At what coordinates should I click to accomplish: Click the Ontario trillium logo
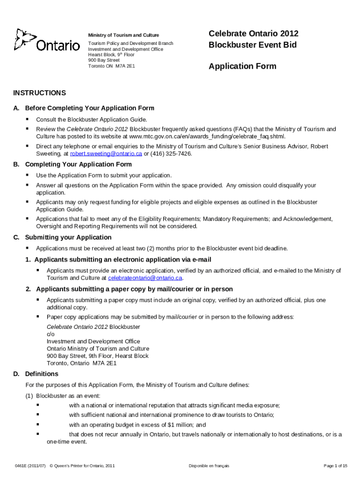pos(47,41)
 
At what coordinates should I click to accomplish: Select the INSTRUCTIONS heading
pos(39,93)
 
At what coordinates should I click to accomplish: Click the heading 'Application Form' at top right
pos(242,66)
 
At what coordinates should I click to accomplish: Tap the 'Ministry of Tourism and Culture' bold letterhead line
pos(123,35)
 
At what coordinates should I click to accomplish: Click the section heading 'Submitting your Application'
pos(68,237)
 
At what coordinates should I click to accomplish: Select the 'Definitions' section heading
pos(42,374)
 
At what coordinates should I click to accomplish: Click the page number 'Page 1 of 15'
pos(335,466)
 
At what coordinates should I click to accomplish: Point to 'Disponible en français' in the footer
pos(209,466)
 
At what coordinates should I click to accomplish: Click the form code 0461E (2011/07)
pos(30,466)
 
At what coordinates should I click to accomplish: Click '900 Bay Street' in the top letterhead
pos(104,60)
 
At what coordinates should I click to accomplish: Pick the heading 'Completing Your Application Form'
pos(78,164)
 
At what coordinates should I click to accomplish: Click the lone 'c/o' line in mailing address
pos(50,334)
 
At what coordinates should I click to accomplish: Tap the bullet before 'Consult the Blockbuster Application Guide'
pos(28,119)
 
